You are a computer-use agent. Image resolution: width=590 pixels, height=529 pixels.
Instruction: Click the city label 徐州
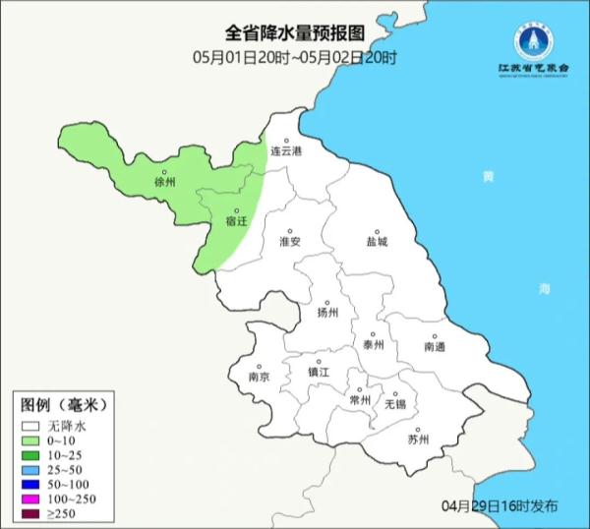[164, 183]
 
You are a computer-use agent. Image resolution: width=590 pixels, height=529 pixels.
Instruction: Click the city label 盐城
[377, 241]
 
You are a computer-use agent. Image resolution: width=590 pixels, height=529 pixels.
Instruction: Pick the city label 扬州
[327, 313]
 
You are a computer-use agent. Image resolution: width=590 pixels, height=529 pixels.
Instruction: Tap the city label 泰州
[373, 345]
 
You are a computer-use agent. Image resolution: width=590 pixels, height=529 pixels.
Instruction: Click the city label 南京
[260, 377]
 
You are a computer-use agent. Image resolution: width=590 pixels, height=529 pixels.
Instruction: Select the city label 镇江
[320, 372]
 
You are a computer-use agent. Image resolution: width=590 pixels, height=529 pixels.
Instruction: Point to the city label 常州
[360, 400]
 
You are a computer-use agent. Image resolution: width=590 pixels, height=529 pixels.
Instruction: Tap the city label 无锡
[394, 403]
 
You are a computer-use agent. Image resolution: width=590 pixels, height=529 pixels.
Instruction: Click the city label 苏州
[418, 439]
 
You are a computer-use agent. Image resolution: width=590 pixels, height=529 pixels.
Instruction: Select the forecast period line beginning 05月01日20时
[295, 58]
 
